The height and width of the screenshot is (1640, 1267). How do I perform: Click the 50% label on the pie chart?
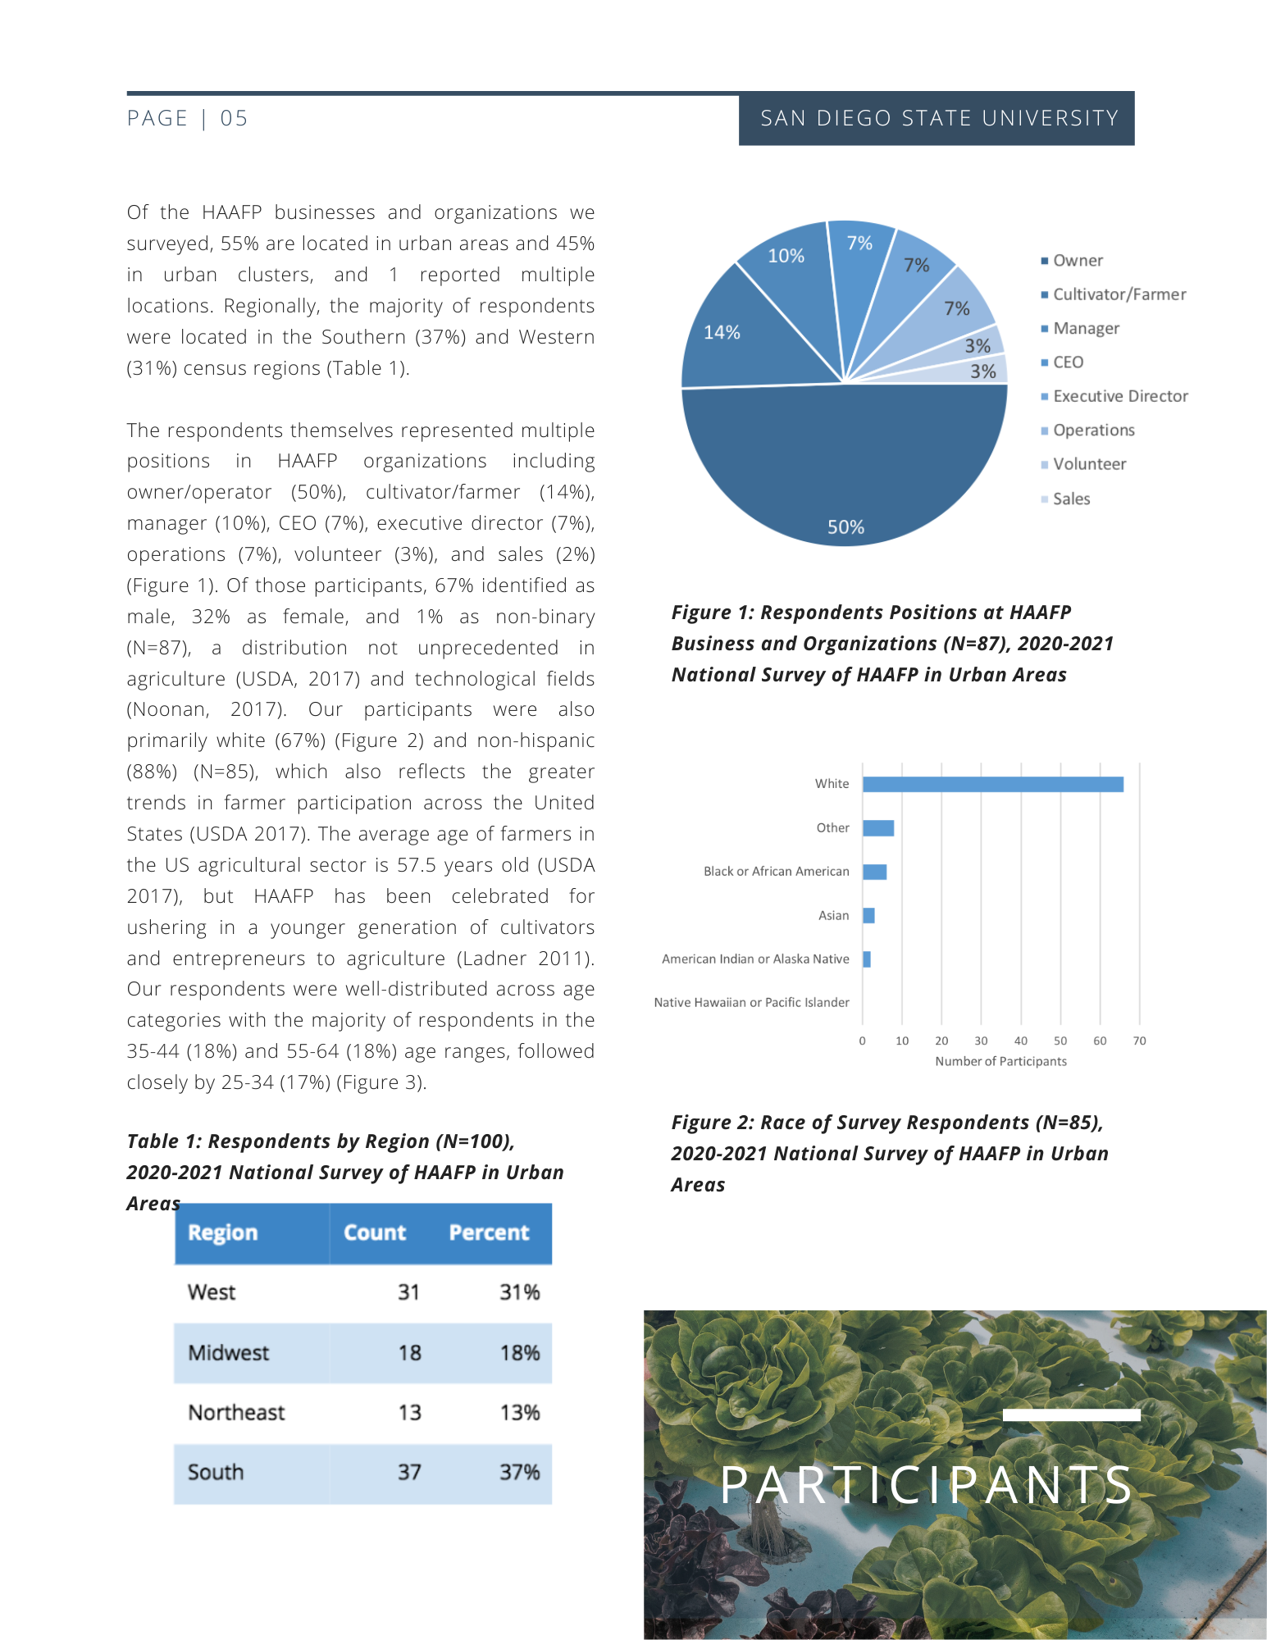845,527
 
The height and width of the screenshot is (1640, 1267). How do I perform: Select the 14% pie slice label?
722,332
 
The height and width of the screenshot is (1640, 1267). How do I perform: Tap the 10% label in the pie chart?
786,256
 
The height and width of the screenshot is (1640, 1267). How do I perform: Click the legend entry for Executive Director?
1119,396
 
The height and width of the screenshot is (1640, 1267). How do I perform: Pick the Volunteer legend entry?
1089,464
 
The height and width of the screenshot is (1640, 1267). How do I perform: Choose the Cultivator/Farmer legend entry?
1119,294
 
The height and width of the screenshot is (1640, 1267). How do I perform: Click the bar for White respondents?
992,785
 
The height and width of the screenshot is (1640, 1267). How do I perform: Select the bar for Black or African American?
874,872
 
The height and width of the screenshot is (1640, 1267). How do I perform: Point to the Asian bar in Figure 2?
868,915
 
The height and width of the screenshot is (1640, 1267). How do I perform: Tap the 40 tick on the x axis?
1020,1041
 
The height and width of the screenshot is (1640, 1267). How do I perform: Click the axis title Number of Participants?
1000,1061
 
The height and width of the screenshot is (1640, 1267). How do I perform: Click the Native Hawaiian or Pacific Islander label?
751,1002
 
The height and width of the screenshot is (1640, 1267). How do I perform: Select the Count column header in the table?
375,1232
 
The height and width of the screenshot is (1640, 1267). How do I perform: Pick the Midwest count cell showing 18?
409,1352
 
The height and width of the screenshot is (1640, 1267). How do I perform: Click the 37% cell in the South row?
519,1472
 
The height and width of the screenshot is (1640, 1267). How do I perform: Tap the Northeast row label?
236,1412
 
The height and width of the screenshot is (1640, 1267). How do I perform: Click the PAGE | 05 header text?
187,119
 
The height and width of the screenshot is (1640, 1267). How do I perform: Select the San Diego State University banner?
937,119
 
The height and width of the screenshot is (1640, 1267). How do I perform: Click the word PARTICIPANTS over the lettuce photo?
927,1484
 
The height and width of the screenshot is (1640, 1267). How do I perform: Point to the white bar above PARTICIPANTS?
1071,1414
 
